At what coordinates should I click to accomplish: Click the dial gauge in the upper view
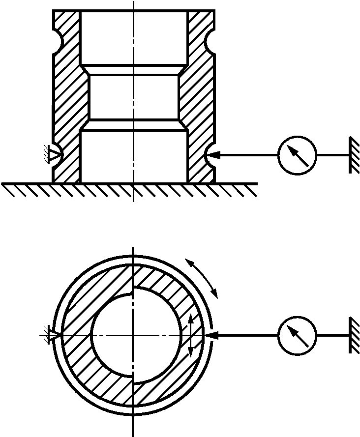[297, 155]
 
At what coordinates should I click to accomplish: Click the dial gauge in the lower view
[297, 335]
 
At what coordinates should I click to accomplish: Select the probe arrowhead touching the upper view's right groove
[212, 155]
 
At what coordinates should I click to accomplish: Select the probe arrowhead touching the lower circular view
[211, 335]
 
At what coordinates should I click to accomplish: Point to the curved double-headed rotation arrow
[202, 277]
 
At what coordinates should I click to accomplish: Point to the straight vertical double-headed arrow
[192, 335]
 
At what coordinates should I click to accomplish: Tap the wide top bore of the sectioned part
[133, 37]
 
